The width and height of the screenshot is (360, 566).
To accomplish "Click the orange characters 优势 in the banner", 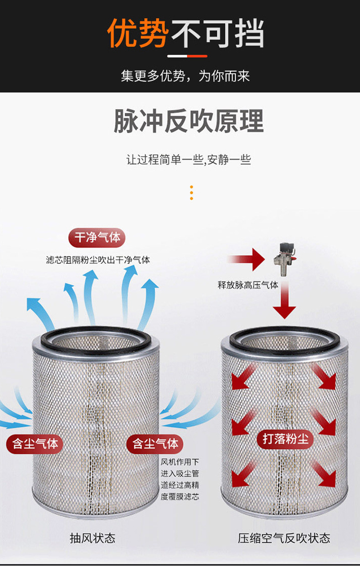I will coord(138,33).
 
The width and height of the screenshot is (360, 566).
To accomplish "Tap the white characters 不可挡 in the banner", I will coord(217,33).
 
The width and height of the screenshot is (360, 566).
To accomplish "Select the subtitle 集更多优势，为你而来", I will coord(185,76).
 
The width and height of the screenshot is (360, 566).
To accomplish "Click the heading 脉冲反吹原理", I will coord(189,121).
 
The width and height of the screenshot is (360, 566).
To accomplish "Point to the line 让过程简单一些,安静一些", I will coord(189,160).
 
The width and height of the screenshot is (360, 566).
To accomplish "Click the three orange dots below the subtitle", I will coord(191,193).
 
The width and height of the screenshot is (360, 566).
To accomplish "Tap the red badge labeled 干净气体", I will coord(97,238).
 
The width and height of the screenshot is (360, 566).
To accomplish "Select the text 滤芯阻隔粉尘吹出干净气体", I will coord(98,260).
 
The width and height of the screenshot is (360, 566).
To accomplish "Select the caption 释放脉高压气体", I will coord(247,286).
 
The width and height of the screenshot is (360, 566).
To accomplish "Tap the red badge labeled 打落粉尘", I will coord(285,439).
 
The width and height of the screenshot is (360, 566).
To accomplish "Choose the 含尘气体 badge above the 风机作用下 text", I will coord(155,443).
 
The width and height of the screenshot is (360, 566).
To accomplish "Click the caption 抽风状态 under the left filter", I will coord(92,538).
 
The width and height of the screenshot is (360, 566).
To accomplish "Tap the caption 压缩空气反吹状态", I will coord(283,538).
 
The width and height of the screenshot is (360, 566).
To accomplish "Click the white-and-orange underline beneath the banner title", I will coord(187,56).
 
